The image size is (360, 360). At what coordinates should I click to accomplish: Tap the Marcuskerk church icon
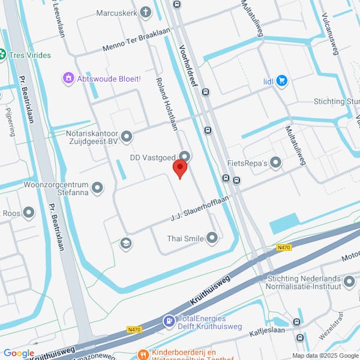click(x=146, y=13)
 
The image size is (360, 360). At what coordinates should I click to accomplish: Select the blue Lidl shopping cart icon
click(x=281, y=82)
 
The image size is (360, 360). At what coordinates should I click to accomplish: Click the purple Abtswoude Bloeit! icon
click(x=68, y=78)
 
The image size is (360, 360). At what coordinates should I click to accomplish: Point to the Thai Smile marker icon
click(x=212, y=238)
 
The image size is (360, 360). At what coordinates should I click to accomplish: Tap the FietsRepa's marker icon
click(x=275, y=163)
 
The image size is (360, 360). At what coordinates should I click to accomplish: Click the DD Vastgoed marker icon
click(x=185, y=157)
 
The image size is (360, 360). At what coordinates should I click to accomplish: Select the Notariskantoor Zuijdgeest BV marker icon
click(x=126, y=138)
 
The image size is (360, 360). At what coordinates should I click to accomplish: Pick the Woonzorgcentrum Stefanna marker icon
click(x=97, y=188)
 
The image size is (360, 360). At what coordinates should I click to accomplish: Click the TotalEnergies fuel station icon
click(x=169, y=322)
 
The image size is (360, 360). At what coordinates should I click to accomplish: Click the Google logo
click(x=19, y=353)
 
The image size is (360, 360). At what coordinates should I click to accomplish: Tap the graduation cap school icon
click(x=126, y=243)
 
